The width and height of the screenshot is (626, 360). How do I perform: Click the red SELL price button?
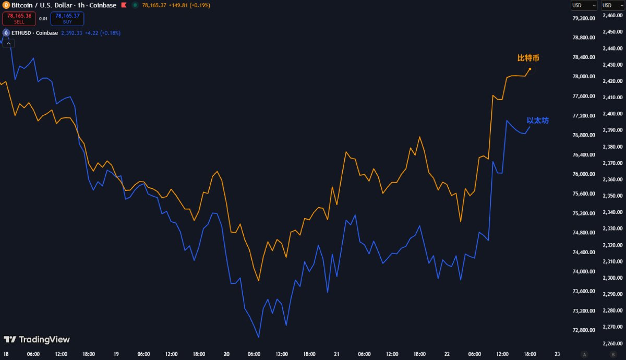point(19,19)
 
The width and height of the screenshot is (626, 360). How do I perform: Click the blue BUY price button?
point(67,19)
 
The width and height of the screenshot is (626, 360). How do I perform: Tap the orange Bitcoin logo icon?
point(6,5)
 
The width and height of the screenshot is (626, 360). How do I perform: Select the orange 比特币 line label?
point(528,58)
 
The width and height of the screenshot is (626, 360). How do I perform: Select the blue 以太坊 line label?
point(537,121)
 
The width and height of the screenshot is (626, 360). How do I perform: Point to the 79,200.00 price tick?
point(584,18)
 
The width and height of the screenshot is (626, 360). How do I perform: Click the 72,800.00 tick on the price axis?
point(584,330)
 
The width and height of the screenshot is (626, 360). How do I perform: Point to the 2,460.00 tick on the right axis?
point(613,16)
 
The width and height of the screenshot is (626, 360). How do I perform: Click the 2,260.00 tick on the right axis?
point(613,343)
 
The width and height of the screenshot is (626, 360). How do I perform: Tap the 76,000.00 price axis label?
point(584,174)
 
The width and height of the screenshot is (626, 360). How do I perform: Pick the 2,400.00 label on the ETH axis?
point(613,114)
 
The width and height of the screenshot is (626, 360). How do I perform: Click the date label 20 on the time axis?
point(226,354)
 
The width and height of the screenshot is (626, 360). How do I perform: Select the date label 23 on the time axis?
point(558,354)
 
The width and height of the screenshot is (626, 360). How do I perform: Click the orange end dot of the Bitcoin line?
point(530,69)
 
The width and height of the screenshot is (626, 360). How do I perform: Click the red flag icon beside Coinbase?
point(123,5)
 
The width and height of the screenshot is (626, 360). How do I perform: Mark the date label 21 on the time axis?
point(336,354)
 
